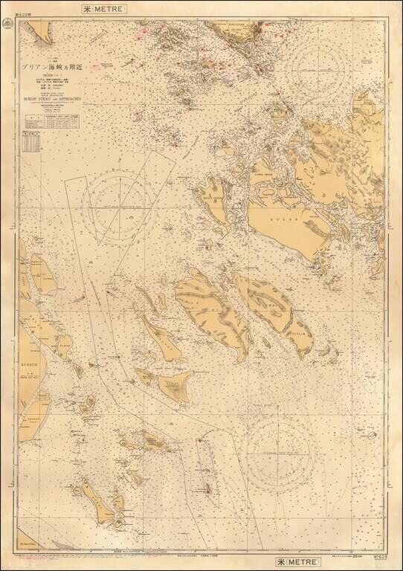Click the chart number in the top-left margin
pos(13,9)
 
